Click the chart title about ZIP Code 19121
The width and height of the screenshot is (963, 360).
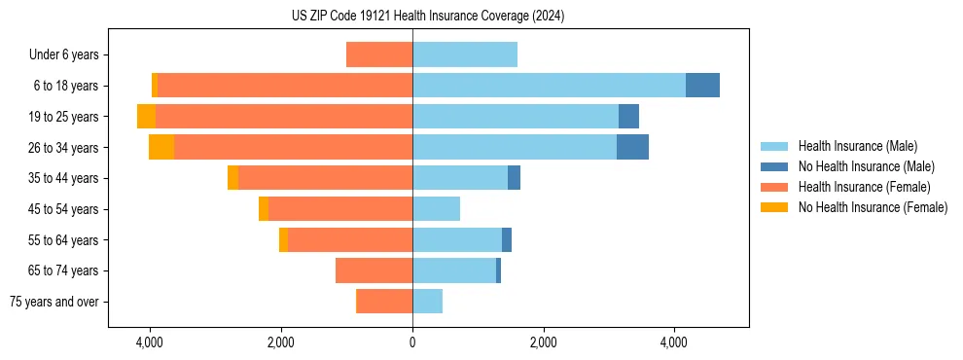point(428,17)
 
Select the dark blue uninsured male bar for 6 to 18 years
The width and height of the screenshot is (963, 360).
point(702,86)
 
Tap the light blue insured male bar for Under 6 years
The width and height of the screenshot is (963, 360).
point(465,54)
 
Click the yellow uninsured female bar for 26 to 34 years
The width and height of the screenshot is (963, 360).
point(161,147)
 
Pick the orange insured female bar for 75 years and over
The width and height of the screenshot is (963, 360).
point(384,302)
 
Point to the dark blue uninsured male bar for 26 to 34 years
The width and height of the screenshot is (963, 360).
point(632,147)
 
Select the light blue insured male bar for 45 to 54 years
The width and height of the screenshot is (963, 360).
point(436,209)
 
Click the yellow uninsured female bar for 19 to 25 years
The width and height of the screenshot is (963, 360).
point(146,117)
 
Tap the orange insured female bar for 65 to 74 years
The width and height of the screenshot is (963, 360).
point(374,270)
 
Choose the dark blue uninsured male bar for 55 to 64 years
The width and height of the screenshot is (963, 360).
point(507,239)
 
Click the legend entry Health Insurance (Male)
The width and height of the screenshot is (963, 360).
point(857,146)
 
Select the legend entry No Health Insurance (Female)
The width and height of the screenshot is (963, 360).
point(873,207)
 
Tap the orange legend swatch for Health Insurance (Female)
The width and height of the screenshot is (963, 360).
point(774,187)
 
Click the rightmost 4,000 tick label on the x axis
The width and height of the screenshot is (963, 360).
point(674,343)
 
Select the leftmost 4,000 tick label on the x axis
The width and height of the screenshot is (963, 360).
point(150,343)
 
